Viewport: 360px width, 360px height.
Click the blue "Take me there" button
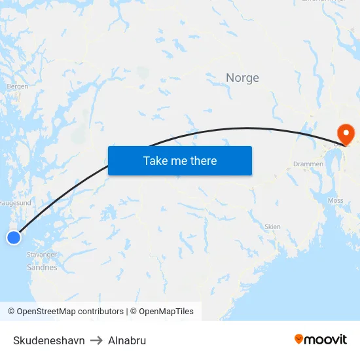click(x=180, y=160)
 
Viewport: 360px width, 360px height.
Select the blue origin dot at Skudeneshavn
click(x=14, y=238)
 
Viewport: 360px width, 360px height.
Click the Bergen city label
click(x=17, y=86)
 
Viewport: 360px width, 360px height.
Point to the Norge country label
click(x=242, y=78)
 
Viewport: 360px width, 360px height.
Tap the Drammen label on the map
click(x=308, y=164)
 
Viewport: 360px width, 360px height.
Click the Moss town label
click(x=335, y=201)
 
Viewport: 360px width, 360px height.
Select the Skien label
click(x=272, y=227)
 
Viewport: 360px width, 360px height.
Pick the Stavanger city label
click(x=42, y=255)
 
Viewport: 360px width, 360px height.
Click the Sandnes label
click(x=42, y=267)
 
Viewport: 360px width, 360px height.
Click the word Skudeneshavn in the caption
click(x=49, y=340)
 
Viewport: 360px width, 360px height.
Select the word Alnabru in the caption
click(x=127, y=340)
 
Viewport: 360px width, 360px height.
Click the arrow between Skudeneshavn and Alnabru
click(x=96, y=340)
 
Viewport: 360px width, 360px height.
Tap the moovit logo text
click(x=326, y=339)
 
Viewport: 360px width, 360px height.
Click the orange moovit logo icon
click(x=299, y=338)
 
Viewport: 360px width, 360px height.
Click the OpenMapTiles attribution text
click(x=166, y=312)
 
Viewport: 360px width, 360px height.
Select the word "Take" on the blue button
click(x=156, y=160)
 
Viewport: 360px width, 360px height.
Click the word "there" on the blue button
click(x=202, y=160)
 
